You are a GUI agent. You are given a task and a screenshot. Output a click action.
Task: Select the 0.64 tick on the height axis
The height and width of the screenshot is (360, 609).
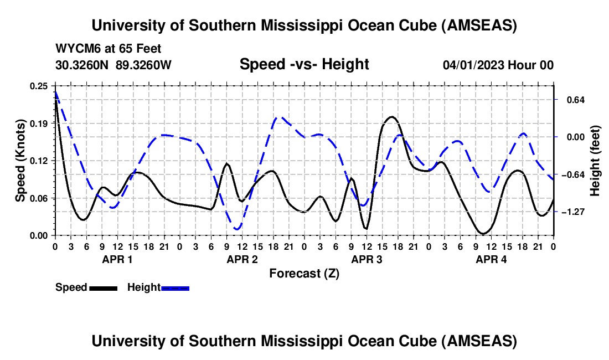tap(570, 100)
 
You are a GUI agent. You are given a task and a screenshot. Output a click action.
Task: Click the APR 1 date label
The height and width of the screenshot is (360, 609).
tap(116, 259)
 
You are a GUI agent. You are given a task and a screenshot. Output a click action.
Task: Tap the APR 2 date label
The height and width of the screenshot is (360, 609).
tap(241, 259)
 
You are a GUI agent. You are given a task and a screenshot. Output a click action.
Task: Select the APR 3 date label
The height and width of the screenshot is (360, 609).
tap(367, 259)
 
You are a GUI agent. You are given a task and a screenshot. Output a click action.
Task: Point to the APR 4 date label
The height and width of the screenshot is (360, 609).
tap(491, 259)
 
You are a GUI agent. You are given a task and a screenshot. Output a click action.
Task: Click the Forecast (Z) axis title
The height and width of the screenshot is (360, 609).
tap(304, 273)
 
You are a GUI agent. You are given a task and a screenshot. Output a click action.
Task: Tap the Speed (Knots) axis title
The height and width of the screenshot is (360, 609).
tap(20, 161)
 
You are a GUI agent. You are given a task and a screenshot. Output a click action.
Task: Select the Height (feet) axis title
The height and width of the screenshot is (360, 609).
tap(596, 161)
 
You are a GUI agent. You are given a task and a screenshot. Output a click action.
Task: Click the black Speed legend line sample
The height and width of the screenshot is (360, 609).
tap(103, 288)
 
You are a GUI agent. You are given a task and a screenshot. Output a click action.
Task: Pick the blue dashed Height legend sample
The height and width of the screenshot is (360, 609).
tap(175, 288)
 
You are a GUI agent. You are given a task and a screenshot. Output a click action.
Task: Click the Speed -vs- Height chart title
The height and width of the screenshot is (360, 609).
tap(304, 64)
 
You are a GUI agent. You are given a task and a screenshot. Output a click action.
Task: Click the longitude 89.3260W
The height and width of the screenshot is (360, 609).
tap(144, 65)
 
